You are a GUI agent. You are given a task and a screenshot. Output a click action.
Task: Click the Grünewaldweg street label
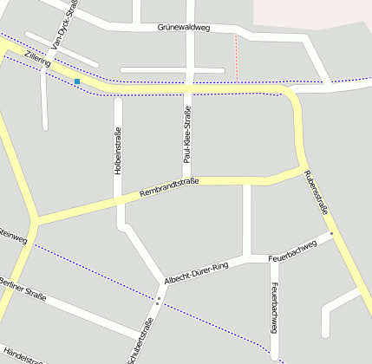click(x=184, y=29)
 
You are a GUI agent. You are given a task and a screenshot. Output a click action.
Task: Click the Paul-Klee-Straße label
click(x=186, y=134)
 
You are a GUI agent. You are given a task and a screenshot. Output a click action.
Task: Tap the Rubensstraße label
click(x=317, y=192)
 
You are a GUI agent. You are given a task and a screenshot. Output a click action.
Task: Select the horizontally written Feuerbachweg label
click(x=294, y=252)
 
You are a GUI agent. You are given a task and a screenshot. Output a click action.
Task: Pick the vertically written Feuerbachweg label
click(x=274, y=308)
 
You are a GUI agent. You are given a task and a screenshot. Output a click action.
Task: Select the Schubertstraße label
click(x=140, y=341)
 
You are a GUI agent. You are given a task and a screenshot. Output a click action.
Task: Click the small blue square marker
click(x=77, y=81)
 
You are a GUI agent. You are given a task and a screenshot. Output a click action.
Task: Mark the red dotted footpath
click(x=236, y=59)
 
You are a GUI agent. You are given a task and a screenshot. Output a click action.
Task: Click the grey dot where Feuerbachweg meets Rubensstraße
click(x=331, y=233)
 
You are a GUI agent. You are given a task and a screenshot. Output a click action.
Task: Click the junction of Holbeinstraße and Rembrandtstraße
click(x=119, y=202)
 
